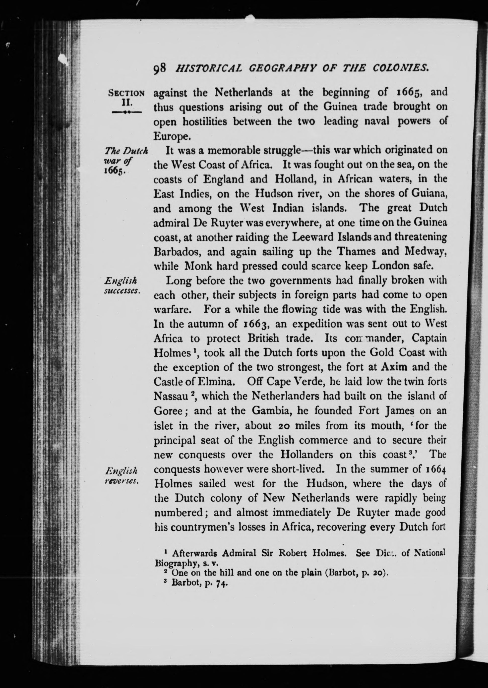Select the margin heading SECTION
click(126, 93)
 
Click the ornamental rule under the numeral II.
click(126, 112)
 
